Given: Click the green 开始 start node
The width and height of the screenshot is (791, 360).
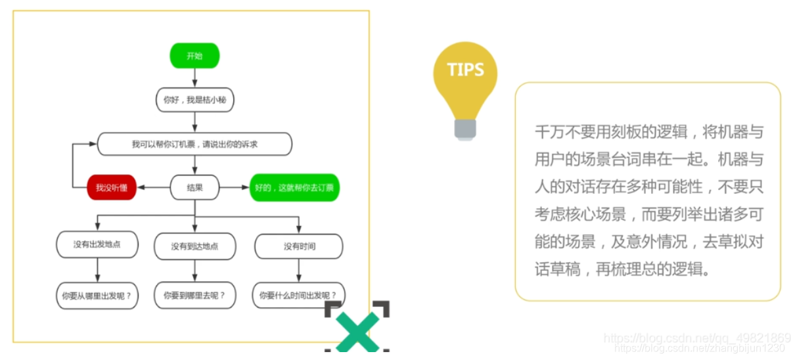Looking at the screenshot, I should [x=194, y=56].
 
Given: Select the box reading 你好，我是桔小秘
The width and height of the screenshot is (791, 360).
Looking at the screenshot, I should [x=194, y=100].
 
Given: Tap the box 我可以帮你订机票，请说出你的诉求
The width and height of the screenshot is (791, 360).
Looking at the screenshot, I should [x=194, y=144].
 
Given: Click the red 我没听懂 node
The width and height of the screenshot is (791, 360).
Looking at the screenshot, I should [x=111, y=188].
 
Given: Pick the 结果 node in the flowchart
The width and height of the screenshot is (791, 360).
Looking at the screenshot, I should [x=194, y=188].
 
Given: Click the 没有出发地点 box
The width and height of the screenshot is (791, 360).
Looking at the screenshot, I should [x=97, y=245].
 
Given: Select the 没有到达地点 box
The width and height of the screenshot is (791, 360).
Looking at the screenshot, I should [x=194, y=246].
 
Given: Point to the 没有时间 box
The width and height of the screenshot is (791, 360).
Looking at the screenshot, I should [x=299, y=246].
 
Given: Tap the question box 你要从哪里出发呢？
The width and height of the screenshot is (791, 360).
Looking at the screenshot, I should [x=97, y=296].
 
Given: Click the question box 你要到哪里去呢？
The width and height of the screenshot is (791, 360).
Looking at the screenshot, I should [x=194, y=296].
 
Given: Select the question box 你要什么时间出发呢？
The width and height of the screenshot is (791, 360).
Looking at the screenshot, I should [x=299, y=296].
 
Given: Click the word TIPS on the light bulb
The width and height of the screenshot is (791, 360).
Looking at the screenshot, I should [x=465, y=70].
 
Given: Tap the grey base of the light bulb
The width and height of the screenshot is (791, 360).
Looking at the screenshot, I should [x=465, y=129].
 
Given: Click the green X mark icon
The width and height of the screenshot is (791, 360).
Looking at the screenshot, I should [x=357, y=332].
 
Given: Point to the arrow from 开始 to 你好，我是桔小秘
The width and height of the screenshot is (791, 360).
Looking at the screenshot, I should [x=194, y=78].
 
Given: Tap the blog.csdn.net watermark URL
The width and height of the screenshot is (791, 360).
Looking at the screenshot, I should [x=696, y=339].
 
